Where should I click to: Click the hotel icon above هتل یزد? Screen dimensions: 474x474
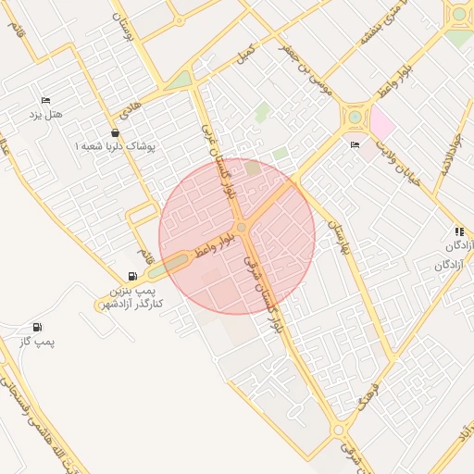tap(44, 101)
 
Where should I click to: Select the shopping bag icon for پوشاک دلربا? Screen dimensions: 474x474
tap(115, 132)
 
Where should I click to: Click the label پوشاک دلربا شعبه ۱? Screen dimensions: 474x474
tap(117, 146)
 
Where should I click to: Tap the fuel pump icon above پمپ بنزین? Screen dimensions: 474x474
tap(133, 276)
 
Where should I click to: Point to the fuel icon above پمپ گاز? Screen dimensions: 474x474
tap(37, 327)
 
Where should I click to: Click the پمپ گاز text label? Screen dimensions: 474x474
tap(38, 343)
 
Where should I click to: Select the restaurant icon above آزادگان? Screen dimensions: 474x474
tap(458, 231)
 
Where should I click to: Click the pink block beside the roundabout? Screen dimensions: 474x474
tap(381, 122)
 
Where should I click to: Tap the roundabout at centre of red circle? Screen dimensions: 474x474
tap(241, 227)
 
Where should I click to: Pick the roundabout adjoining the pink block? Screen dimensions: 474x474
tap(355, 117)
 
